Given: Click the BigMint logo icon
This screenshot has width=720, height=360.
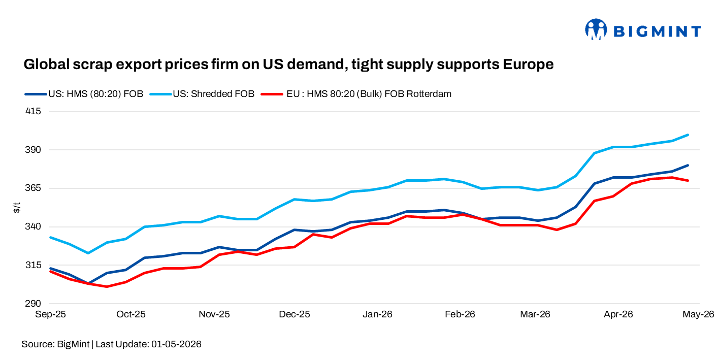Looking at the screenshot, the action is point(596,29).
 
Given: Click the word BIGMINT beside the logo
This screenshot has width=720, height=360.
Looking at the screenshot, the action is point(658,31).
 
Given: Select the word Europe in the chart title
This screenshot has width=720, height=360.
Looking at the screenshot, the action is point(528,64).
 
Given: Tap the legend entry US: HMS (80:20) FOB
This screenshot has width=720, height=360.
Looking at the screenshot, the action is point(84,94).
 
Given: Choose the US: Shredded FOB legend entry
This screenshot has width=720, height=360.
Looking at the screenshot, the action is point(202,94).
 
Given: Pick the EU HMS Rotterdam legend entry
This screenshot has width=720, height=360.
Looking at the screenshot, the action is point(356,94).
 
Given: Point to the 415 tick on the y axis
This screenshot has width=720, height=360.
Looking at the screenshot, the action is point(33,111).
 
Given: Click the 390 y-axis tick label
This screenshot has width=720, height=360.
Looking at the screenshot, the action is point(33,150).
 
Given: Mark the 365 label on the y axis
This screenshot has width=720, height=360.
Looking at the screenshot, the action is point(33,188).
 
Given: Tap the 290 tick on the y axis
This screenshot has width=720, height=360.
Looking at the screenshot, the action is point(33,304).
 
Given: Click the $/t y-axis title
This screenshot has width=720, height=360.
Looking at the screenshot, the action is point(17,208).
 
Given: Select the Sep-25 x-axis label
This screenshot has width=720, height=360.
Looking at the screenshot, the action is point(50,314).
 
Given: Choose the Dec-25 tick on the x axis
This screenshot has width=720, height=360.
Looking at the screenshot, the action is point(294,314).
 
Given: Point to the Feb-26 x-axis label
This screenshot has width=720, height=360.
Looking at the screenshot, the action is point(460,314).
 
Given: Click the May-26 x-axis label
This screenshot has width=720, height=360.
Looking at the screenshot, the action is point(699,314).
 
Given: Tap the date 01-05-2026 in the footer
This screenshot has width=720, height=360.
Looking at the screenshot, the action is point(177,344).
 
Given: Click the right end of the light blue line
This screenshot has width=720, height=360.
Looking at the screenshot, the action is point(688,135).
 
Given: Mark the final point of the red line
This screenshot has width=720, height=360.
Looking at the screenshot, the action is point(688,181).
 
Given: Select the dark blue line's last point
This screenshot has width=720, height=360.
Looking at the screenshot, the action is point(688,165).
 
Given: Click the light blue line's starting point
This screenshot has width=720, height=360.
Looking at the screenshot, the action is point(50,237).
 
